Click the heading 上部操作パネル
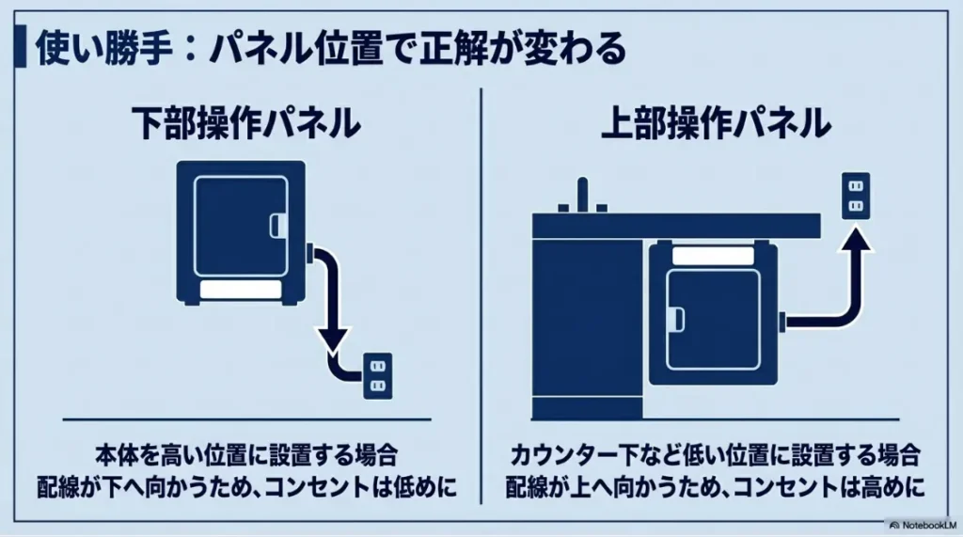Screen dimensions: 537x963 click(x=716, y=124)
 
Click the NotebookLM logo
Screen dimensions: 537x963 click(x=924, y=523)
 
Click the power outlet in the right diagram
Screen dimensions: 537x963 click(x=855, y=197)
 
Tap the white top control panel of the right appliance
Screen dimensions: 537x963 click(x=712, y=254)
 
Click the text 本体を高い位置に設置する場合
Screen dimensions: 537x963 click(x=246, y=456)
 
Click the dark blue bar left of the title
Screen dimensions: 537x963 click(x=20, y=49)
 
